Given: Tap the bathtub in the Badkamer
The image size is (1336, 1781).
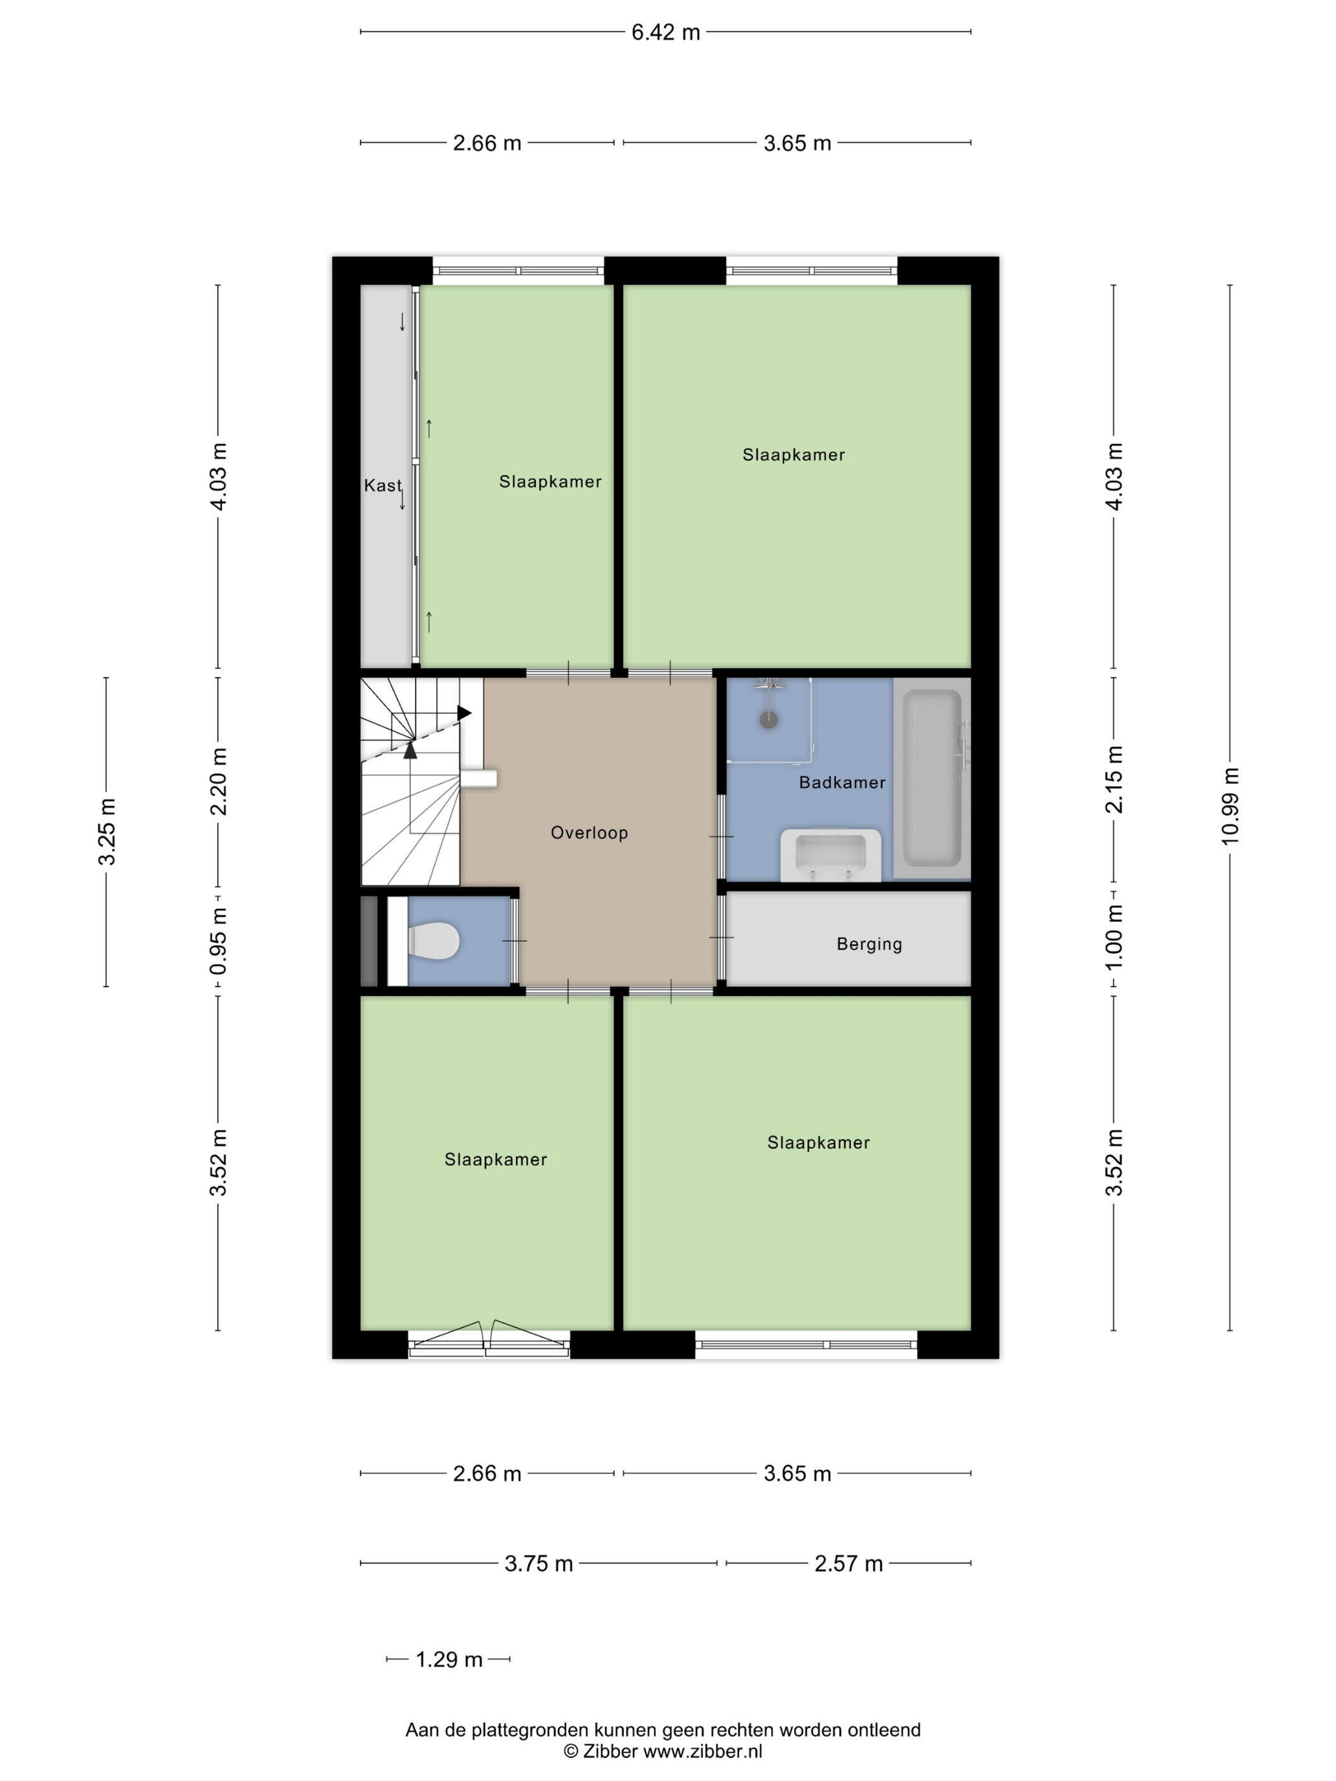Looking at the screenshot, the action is (x=933, y=778).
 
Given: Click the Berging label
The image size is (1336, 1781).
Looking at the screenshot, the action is (x=869, y=944).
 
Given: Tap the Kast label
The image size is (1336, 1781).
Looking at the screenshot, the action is (x=382, y=485).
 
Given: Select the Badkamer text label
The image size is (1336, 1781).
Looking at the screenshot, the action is (x=842, y=782).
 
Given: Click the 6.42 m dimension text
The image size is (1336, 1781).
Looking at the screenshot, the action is (x=665, y=32).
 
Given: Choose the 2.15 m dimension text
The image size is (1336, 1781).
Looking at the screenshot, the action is (x=1114, y=779).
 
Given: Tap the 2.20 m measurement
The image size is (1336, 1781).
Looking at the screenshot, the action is (x=218, y=781).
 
